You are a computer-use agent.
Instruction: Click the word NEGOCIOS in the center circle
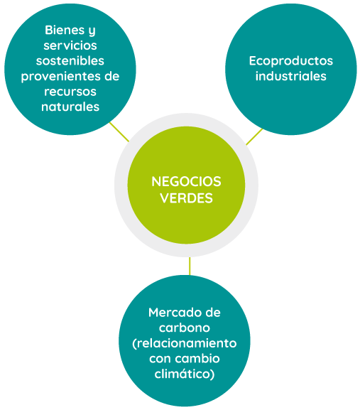click(186, 181)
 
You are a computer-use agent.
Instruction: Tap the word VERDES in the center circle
click(187, 198)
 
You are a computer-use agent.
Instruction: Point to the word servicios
click(70, 45)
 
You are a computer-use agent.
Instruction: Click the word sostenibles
click(70, 60)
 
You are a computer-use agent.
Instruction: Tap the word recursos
click(70, 92)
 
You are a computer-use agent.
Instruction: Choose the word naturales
click(70, 107)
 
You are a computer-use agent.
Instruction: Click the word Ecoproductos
click(291, 61)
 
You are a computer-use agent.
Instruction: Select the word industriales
click(291, 76)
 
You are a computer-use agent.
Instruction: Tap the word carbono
click(185, 328)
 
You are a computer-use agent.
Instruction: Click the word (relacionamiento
click(185, 343)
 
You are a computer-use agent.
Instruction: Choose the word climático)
click(185, 374)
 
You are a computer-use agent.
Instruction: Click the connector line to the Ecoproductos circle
click(254, 136)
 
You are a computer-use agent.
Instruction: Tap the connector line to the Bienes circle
click(119, 131)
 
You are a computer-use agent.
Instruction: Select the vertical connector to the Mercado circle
click(190, 266)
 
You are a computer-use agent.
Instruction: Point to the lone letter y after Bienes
click(92, 32)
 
